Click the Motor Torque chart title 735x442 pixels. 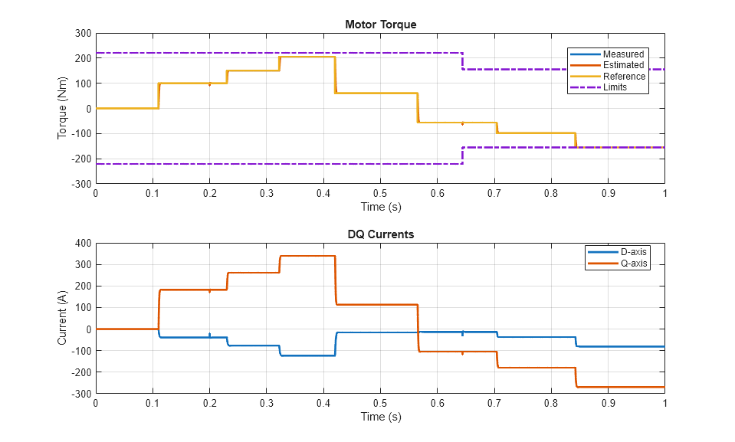pyautogui.click(x=380, y=25)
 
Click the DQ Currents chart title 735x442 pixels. pyautogui.click(x=380, y=234)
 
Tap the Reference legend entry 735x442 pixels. pyautogui.click(x=624, y=76)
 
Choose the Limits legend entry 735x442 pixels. pyautogui.click(x=615, y=87)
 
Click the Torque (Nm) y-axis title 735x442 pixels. pyautogui.click(x=62, y=109)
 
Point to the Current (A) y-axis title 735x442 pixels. pyautogui.click(x=62, y=319)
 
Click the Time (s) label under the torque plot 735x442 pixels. pyautogui.click(x=380, y=207)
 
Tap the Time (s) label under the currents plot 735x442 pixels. pyautogui.click(x=380, y=417)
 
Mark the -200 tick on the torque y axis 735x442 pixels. pyautogui.click(x=80, y=159)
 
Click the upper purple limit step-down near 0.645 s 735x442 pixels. pyautogui.click(x=462, y=61)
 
